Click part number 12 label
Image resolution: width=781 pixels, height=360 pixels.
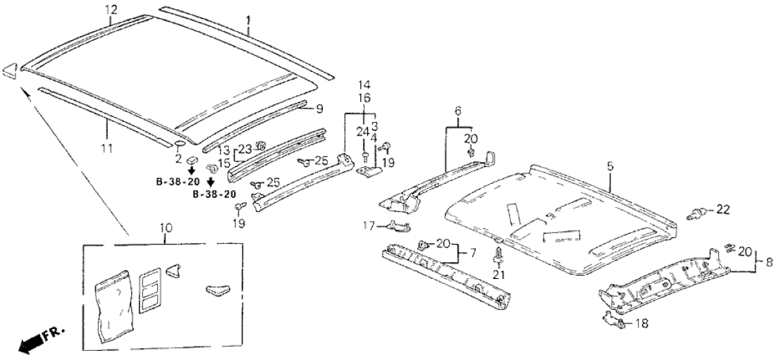point(111,9)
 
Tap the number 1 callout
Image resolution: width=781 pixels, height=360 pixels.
point(248,21)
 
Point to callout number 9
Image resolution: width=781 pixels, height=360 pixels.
point(319,108)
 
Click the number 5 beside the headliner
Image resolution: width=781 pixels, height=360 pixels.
point(610,166)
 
